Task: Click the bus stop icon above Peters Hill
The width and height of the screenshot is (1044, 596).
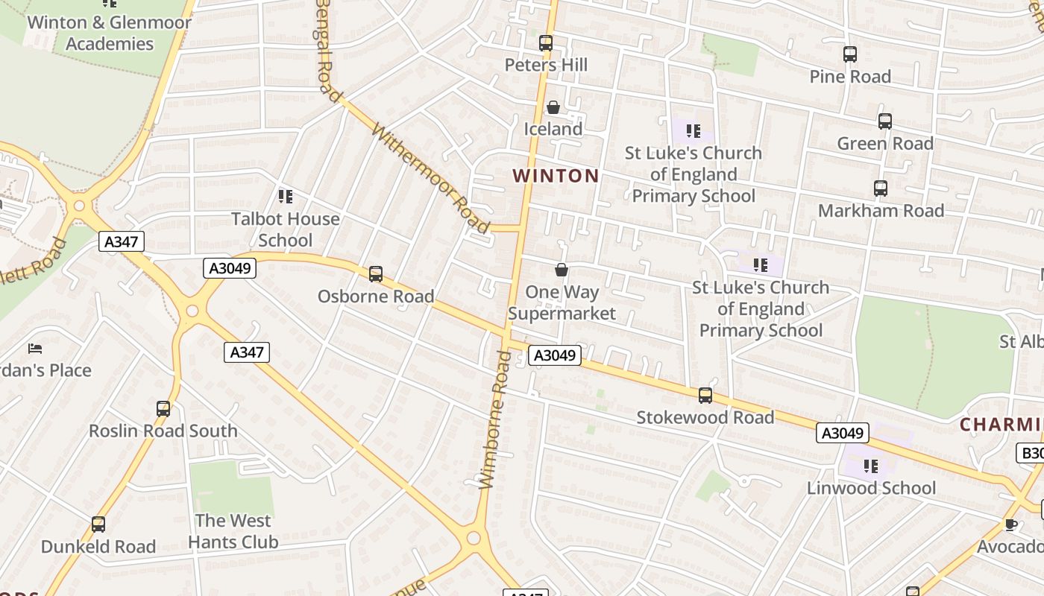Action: click(x=546, y=43)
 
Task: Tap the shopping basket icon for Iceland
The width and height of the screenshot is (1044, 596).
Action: click(x=553, y=108)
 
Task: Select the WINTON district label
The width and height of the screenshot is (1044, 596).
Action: click(x=556, y=176)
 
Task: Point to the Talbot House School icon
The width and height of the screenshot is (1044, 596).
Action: click(x=286, y=197)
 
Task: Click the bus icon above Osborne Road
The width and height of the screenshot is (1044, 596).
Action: click(x=376, y=274)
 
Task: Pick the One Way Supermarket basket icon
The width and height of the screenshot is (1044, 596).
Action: click(x=562, y=270)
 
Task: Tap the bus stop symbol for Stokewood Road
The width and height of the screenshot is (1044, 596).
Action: click(x=705, y=396)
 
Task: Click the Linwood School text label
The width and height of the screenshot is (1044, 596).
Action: click(x=871, y=488)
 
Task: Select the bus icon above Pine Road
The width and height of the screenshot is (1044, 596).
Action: click(x=850, y=54)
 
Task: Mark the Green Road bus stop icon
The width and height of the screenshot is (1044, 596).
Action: click(x=885, y=121)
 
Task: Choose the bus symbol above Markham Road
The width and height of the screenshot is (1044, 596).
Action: click(x=881, y=188)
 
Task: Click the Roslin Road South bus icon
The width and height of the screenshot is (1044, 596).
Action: click(x=163, y=409)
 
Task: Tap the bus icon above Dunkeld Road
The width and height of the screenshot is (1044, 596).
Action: click(x=98, y=524)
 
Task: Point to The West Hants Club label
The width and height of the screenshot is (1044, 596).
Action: click(x=233, y=531)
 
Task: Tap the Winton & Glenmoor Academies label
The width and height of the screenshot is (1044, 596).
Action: click(x=109, y=33)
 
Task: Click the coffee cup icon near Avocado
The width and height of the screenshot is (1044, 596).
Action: click(x=1011, y=524)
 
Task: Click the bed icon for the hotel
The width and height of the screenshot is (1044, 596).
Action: click(x=35, y=348)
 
